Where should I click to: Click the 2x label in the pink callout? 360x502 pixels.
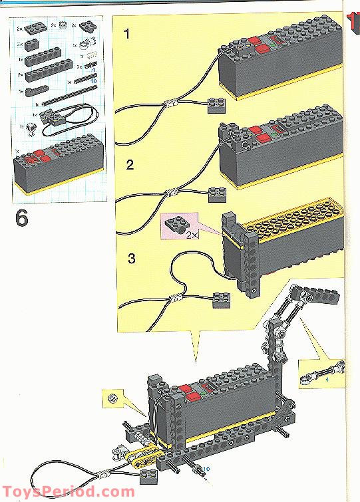[192, 235]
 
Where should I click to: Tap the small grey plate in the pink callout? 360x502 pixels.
[176, 226]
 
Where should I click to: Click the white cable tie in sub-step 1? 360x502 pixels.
[172, 104]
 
